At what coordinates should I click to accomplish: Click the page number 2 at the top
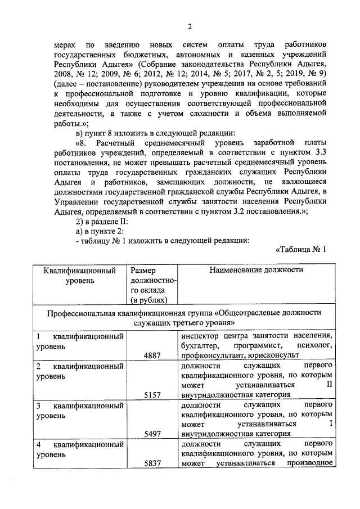point(190,26)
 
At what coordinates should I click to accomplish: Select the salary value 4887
point(152,355)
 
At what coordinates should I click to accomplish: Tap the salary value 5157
point(152,395)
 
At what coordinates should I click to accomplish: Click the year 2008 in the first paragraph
point(63,73)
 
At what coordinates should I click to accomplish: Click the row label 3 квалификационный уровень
point(80,410)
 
